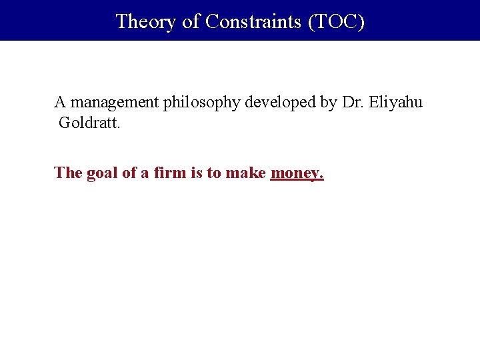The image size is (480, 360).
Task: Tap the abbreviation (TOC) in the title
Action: coord(336,21)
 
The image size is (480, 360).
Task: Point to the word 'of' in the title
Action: coord(191,21)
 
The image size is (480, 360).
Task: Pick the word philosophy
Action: coord(203,103)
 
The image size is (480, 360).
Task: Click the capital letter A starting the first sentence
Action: coord(60,103)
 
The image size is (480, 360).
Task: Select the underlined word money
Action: coord(297,173)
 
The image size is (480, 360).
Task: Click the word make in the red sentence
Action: coord(246,173)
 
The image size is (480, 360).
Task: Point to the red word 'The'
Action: coord(68,173)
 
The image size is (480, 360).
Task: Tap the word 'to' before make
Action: coord(214,173)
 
